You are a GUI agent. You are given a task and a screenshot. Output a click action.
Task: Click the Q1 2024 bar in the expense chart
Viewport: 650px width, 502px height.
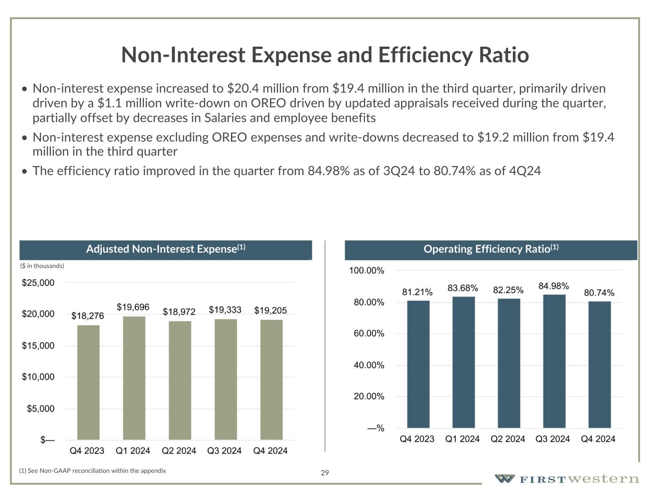[134, 378]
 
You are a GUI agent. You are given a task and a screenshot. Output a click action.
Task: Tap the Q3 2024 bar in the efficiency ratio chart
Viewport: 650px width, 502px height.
[554, 361]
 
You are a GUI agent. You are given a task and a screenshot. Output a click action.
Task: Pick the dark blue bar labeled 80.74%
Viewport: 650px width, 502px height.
[600, 364]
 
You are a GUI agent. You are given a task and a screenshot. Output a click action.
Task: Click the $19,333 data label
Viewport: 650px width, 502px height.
[225, 310]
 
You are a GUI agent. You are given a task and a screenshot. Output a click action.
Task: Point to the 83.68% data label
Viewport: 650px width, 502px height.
[462, 288]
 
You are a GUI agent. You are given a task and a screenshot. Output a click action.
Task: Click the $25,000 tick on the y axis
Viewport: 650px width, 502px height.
[38, 283]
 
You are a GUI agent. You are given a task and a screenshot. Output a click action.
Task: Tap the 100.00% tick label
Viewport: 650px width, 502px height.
[367, 270]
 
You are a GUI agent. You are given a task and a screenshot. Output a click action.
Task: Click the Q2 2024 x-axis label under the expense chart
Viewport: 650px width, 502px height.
[179, 451]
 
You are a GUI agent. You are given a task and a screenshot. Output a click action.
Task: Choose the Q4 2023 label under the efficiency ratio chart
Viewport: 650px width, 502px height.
[417, 439]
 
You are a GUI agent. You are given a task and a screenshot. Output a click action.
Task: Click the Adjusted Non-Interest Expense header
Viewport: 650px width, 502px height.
[165, 249]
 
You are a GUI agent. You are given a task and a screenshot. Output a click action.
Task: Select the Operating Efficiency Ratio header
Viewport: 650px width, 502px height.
[490, 249]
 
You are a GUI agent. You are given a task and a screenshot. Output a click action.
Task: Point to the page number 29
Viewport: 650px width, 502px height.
[325, 472]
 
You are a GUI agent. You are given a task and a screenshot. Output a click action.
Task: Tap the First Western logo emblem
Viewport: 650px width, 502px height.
[504, 478]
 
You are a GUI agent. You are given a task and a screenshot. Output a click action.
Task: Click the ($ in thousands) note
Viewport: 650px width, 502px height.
[42, 266]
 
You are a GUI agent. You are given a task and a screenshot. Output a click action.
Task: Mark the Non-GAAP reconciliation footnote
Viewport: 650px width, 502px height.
[92, 471]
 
